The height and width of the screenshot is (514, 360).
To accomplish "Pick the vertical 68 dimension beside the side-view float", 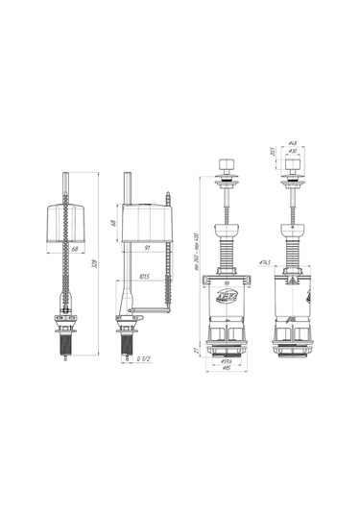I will click(114, 224).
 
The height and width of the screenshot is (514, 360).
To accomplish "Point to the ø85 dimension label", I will click(228, 370).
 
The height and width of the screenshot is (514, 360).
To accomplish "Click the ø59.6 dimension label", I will click(228, 362).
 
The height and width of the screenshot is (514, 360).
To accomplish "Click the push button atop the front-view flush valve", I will click(228, 180).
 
